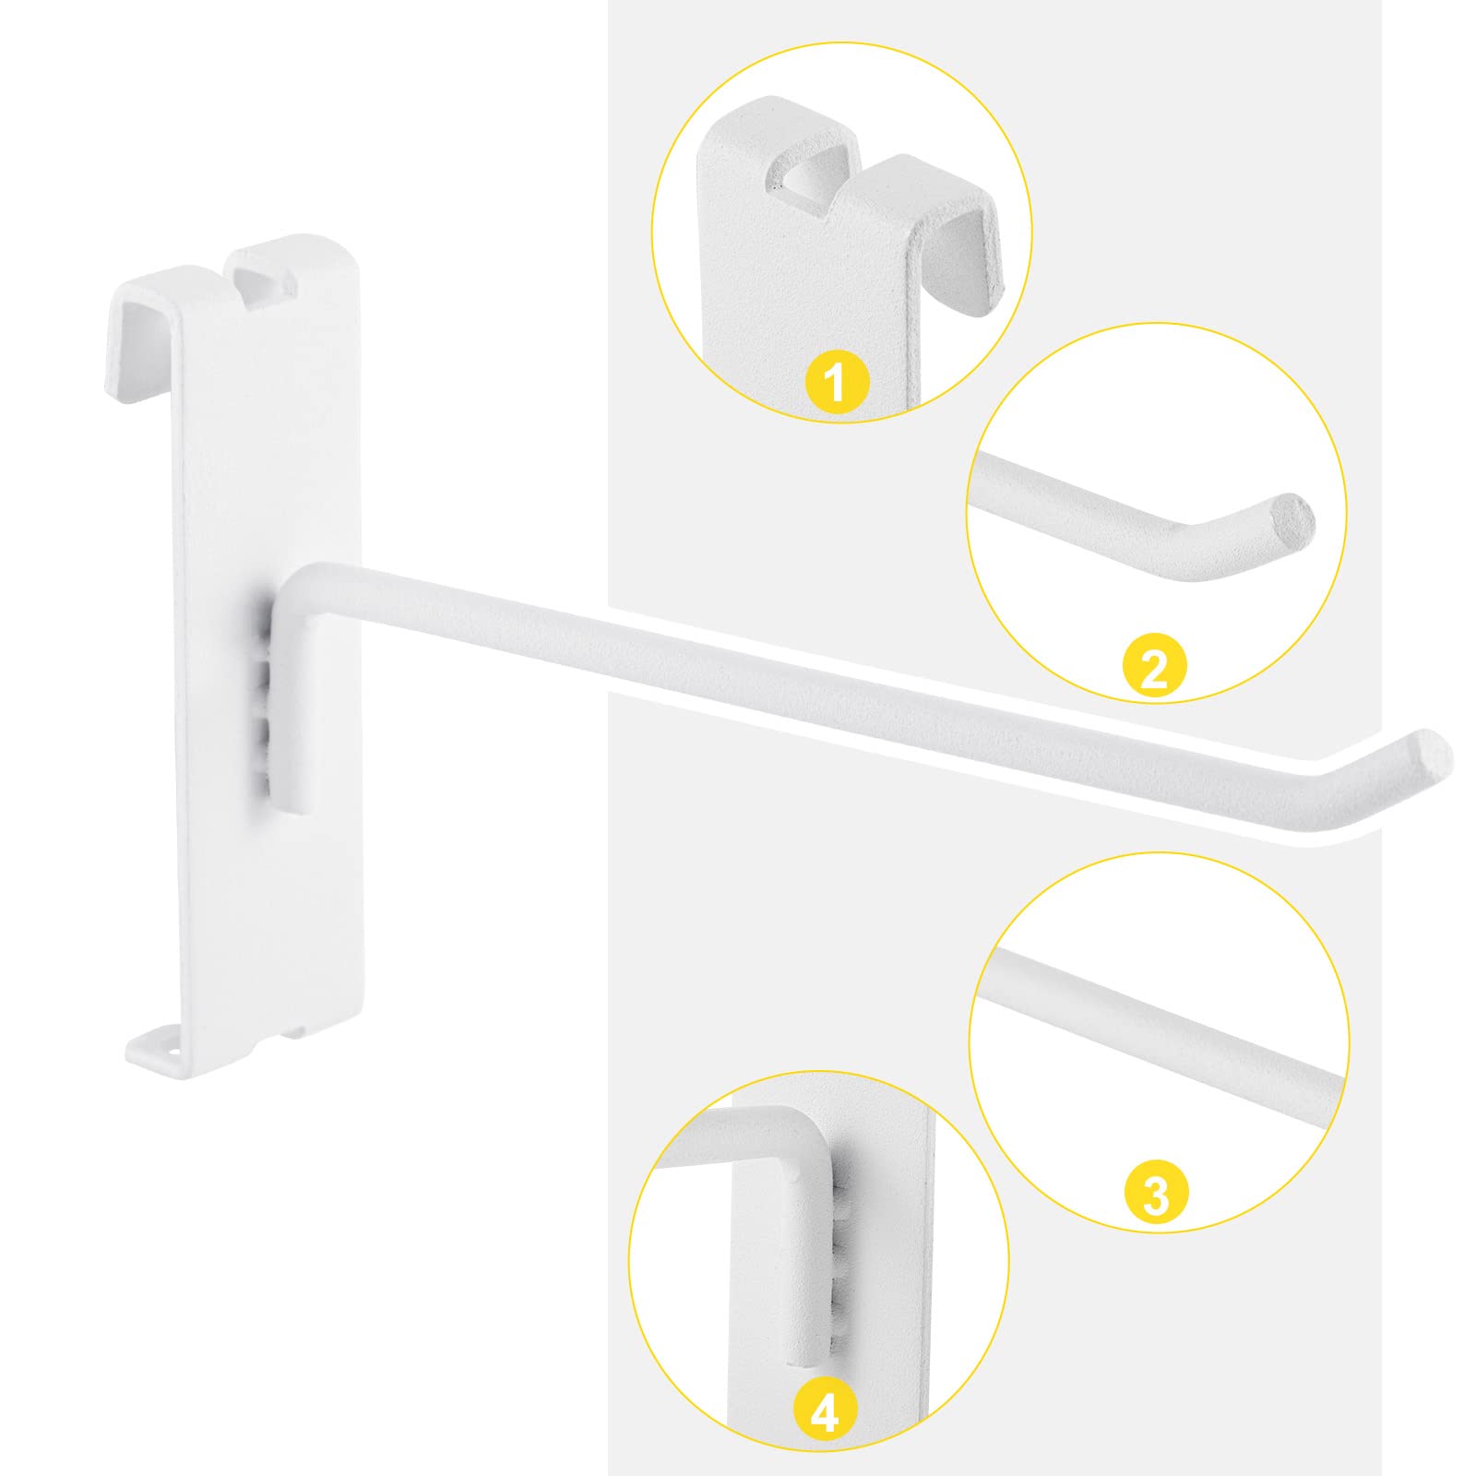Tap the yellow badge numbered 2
(1155, 669)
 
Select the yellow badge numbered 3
(1156, 1194)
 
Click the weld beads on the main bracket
(263, 701)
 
